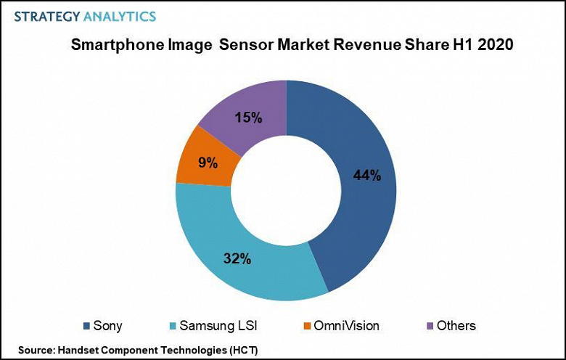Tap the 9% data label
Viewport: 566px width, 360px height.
point(208,163)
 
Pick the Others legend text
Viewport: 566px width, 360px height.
point(455,326)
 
